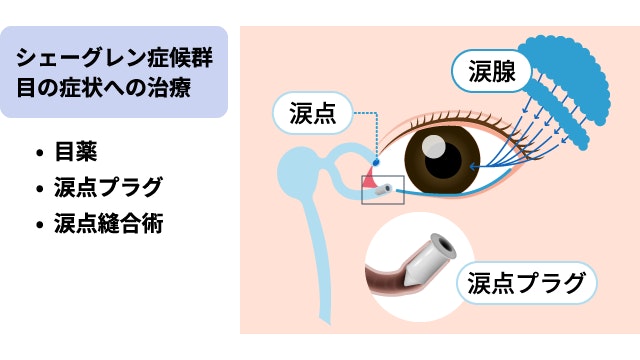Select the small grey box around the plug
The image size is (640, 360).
tap(383, 189)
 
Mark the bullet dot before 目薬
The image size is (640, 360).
tap(39, 154)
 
